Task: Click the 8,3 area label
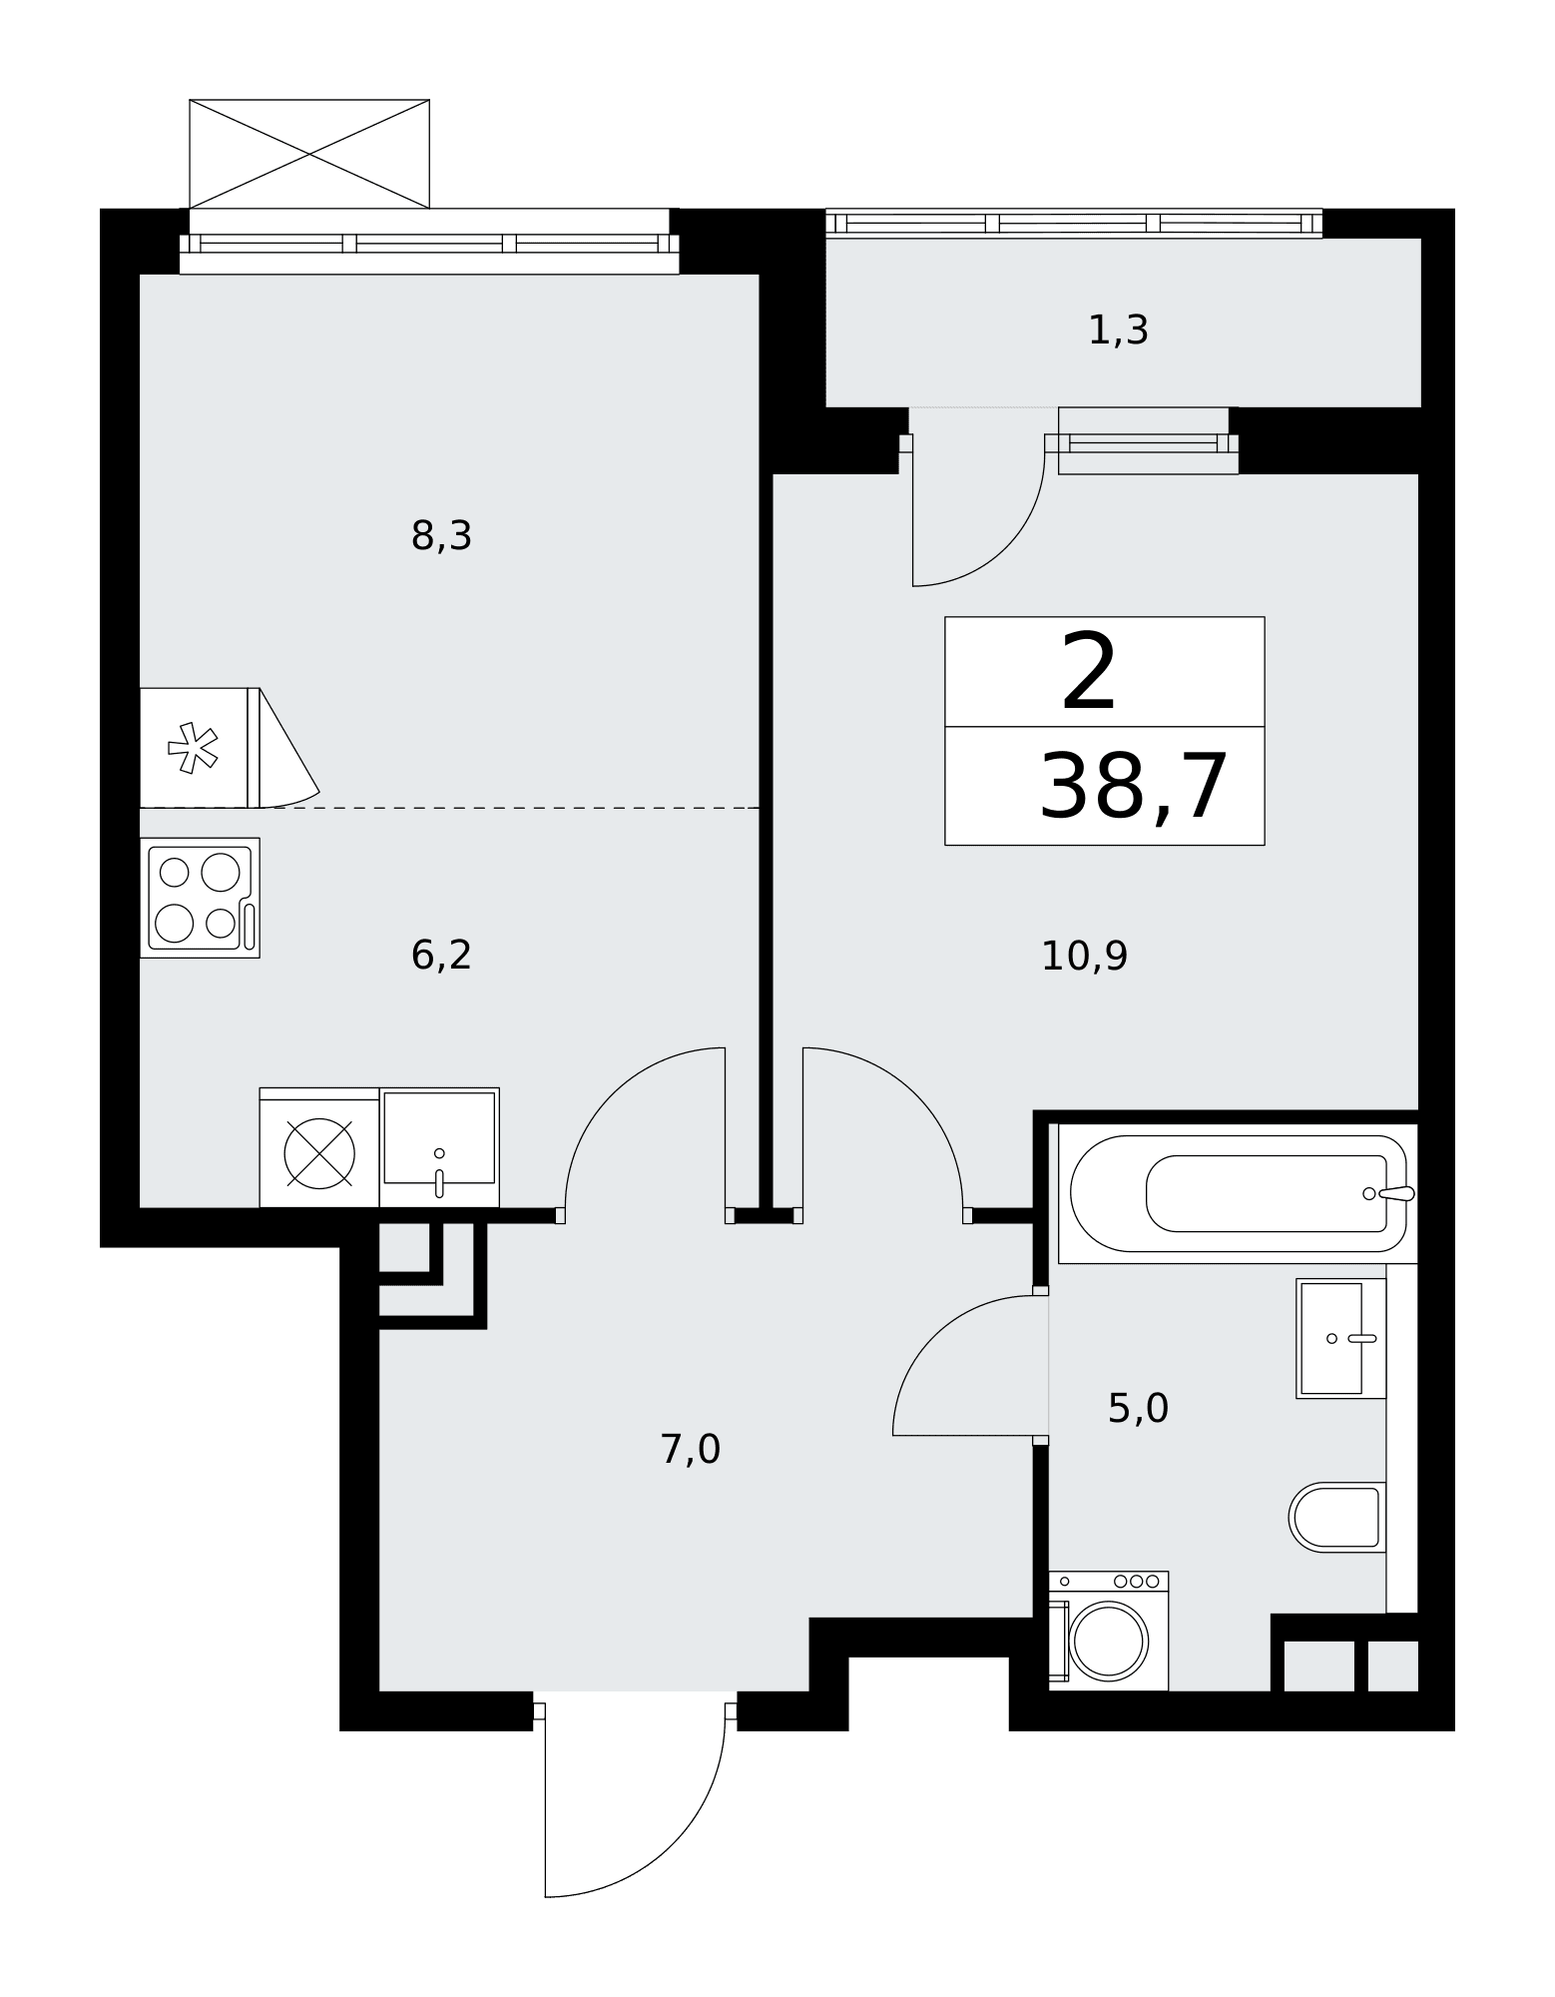441,537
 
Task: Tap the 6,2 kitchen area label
441,956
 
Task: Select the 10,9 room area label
1084,957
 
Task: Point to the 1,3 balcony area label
1118,331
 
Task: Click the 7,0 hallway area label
691,1449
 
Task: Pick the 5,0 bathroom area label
1138,1408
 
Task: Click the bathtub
1238,1193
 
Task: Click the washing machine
1108,1631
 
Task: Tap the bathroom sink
1340,1338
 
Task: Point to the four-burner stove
200,898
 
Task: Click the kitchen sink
439,1147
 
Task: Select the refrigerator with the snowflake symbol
200,747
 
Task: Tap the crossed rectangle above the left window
309,154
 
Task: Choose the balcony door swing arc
1006,547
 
